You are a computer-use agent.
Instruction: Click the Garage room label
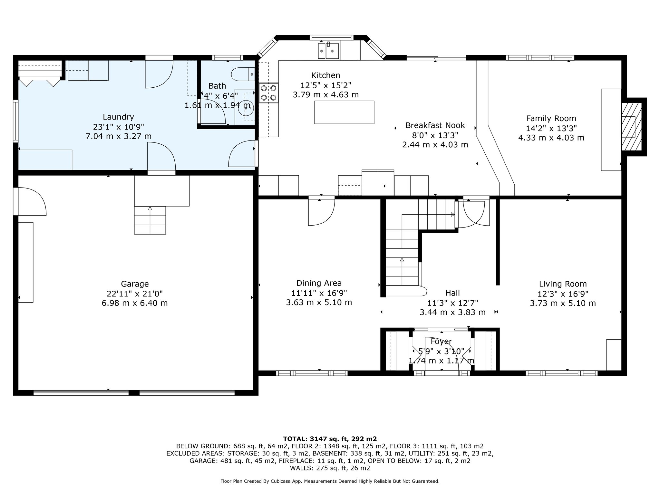tap(135, 284)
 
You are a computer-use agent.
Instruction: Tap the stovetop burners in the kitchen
tap(269, 93)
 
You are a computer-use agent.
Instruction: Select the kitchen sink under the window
tap(328, 51)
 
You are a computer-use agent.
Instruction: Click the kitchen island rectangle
tap(344, 112)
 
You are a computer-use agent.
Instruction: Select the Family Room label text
tap(551, 118)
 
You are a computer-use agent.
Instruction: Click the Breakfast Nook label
tap(435, 125)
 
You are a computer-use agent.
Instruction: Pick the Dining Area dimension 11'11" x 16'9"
tap(319, 293)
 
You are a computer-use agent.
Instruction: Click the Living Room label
tap(563, 284)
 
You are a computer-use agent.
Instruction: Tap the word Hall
tap(452, 293)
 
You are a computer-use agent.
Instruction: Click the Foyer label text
tap(441, 341)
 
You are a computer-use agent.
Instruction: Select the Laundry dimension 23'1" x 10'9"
tap(118, 127)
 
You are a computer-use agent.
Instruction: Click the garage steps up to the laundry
tap(150, 220)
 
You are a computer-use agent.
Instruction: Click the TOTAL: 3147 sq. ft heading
tap(330, 439)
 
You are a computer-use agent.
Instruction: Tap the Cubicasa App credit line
tap(330, 481)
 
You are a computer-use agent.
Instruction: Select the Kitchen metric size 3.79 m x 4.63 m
tap(325, 95)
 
